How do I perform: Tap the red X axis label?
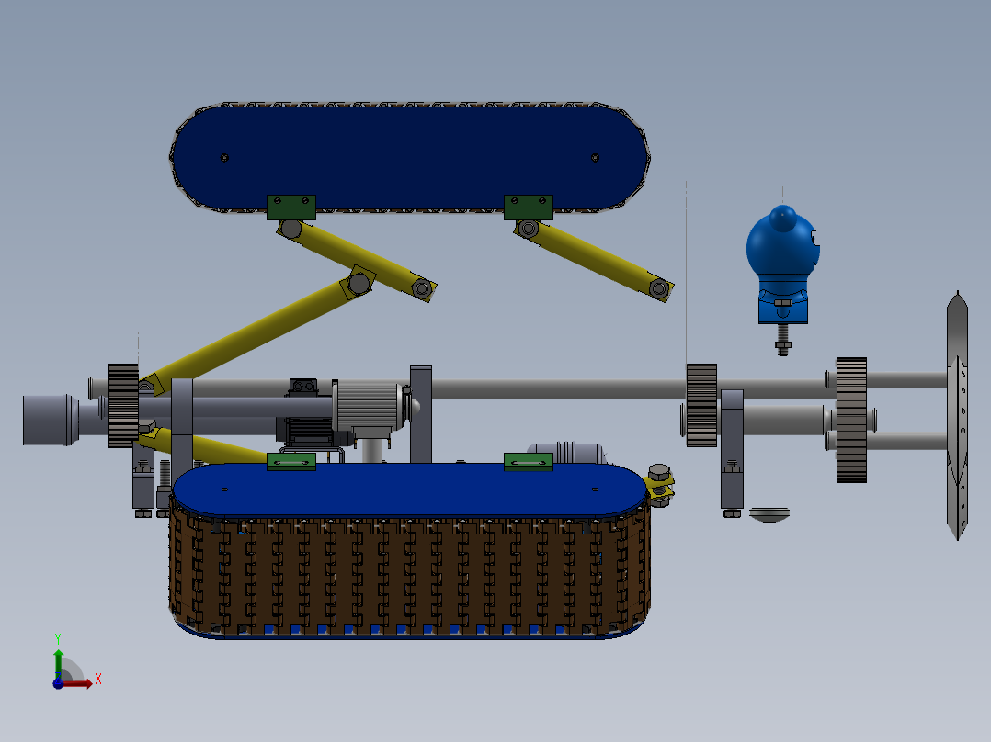coord(98,680)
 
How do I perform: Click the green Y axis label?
coord(58,639)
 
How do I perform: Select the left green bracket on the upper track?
coord(290,208)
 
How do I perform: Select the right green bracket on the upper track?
coord(529,208)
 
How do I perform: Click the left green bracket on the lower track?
coord(290,462)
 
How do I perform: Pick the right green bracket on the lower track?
coord(529,462)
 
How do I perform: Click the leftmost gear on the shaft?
coord(123,405)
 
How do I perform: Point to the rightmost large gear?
coord(851,420)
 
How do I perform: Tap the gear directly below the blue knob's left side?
coord(701,405)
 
